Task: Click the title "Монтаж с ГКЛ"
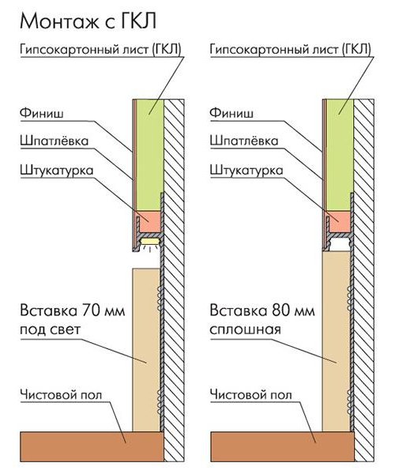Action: pos(88,21)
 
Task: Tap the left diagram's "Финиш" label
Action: pos(42,114)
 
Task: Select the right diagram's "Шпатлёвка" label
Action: pos(244,141)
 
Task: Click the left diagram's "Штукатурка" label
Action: pos(57,170)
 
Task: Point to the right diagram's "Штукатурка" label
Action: pos(246,170)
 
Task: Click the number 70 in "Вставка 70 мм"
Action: pos(91,310)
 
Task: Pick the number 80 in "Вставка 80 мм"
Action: pos(280,310)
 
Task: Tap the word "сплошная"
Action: pos(246,329)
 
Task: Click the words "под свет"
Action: pos(51,329)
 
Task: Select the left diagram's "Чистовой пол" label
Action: pos(61,394)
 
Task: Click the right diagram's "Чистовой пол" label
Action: pos(251,394)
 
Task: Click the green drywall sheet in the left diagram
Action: pos(150,155)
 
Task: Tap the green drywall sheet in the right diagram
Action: pos(340,155)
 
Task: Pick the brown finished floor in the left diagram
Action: pos(92,446)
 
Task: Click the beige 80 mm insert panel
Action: pos(336,341)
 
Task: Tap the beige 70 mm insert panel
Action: pos(146,350)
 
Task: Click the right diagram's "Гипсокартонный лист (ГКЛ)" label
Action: pos(290,49)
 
